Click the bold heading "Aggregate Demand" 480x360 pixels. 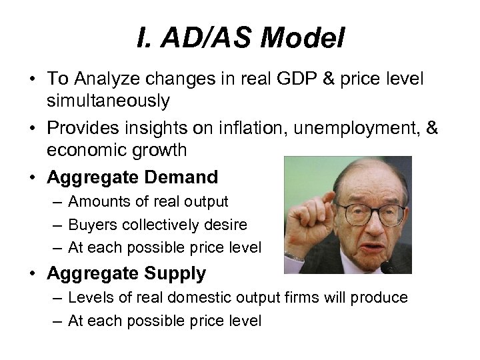click(x=132, y=177)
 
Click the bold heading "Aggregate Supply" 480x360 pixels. click(x=126, y=273)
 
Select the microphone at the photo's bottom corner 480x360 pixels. click(x=393, y=267)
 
